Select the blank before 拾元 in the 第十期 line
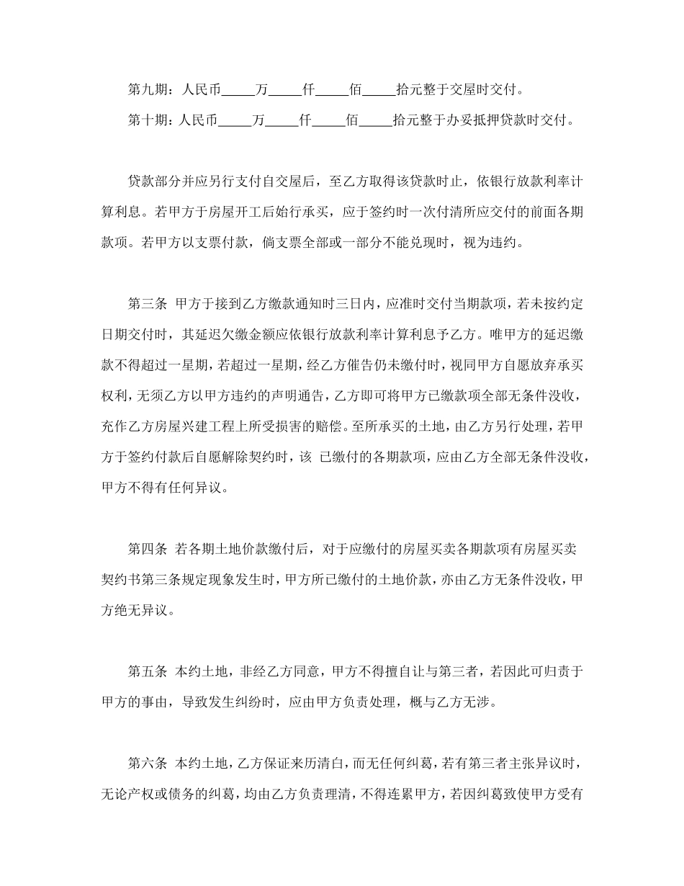tap(379, 121)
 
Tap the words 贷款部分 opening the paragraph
tap(153, 182)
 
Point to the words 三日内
tap(357, 303)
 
